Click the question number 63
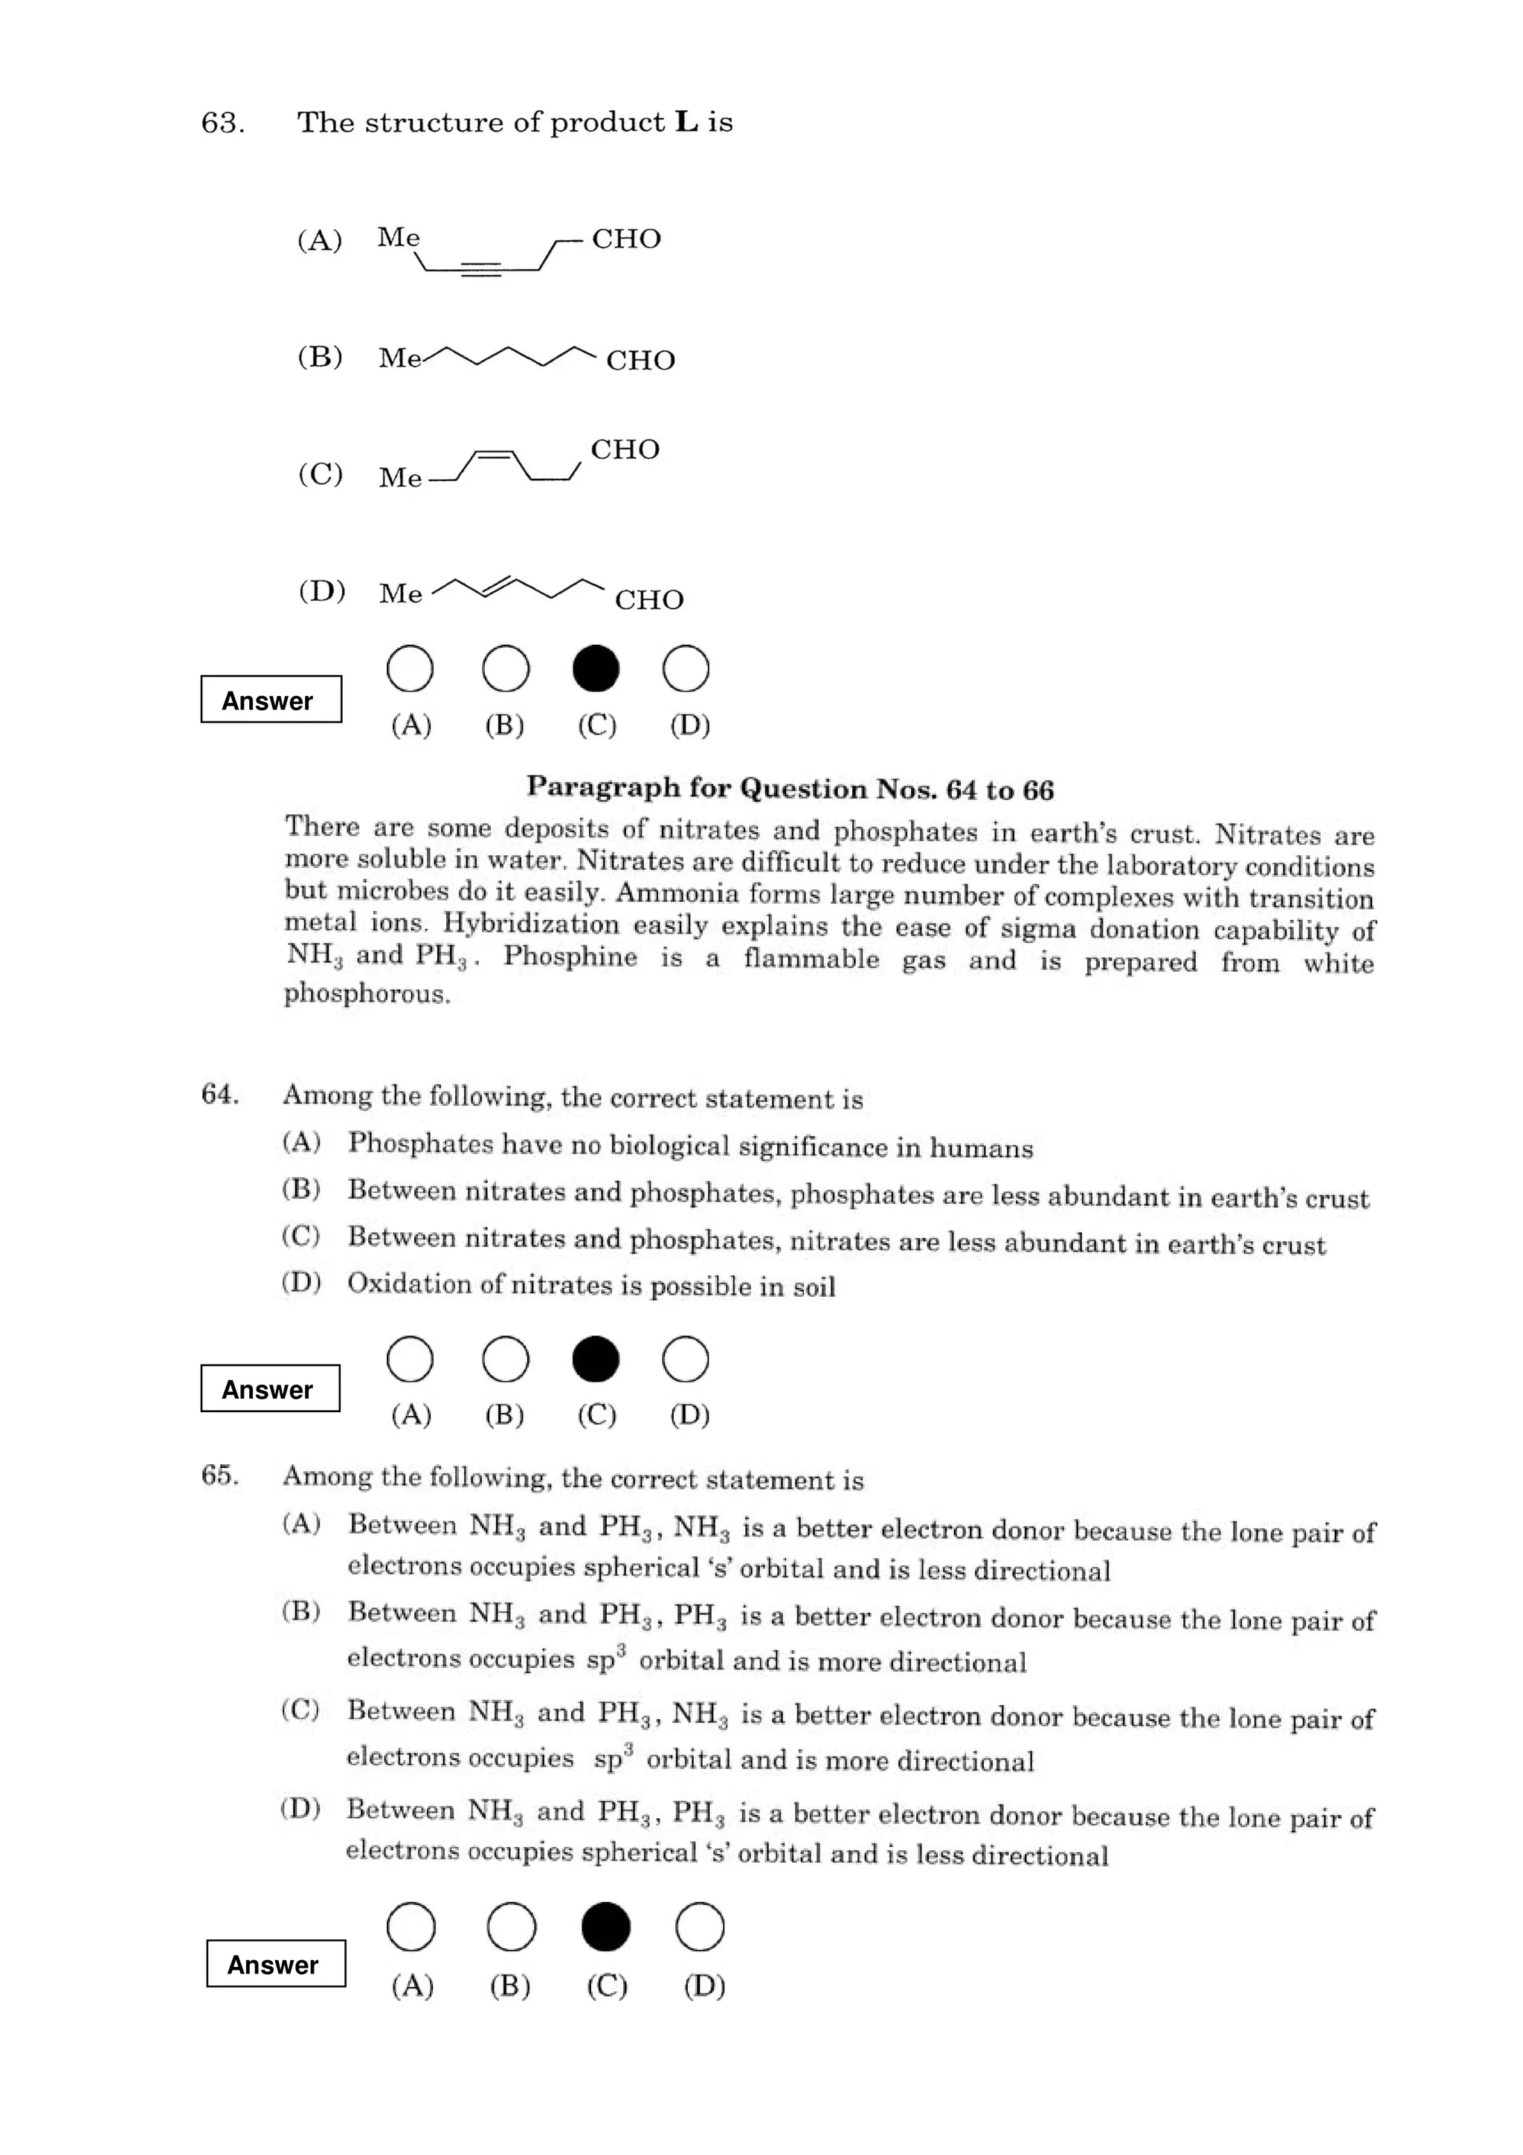(222, 123)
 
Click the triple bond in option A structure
(481, 271)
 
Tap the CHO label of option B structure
(640, 361)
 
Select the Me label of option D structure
(401, 593)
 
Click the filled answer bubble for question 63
(595, 669)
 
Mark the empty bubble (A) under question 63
(410, 669)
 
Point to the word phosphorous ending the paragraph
(367, 993)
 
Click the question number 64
(219, 1095)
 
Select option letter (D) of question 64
(301, 1281)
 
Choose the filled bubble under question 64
(595, 1359)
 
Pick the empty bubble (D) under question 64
(685, 1359)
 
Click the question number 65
(219, 1475)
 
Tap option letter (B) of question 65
(301, 1611)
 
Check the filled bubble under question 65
(605, 1927)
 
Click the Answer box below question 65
(276, 1964)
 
